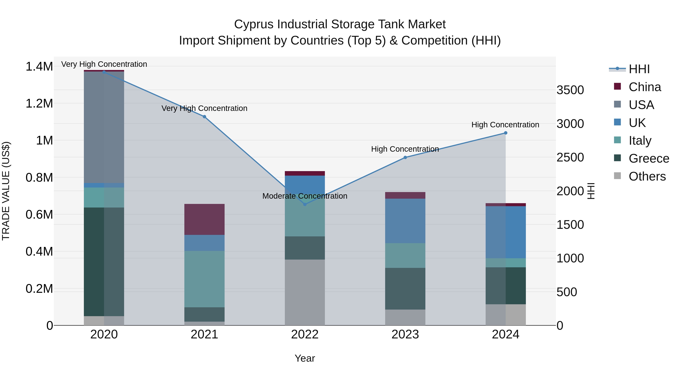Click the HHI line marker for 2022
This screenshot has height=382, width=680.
point(305,204)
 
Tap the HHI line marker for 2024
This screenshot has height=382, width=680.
point(505,133)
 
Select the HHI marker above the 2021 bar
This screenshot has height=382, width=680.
point(204,117)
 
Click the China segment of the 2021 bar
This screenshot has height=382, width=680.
point(204,219)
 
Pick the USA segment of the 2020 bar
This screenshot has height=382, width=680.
point(104,127)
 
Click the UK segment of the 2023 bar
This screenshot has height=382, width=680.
point(405,221)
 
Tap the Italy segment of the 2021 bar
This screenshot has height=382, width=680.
point(204,279)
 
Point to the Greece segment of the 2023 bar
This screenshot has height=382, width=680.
point(405,289)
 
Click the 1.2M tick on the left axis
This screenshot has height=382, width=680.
point(39,103)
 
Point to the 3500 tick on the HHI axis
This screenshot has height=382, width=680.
point(570,90)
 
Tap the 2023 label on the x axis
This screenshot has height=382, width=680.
point(405,334)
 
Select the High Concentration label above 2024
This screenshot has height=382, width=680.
point(505,125)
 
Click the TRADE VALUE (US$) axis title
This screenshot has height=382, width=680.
point(6,191)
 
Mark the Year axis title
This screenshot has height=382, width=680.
point(305,358)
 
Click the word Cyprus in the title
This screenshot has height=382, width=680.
point(253,24)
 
